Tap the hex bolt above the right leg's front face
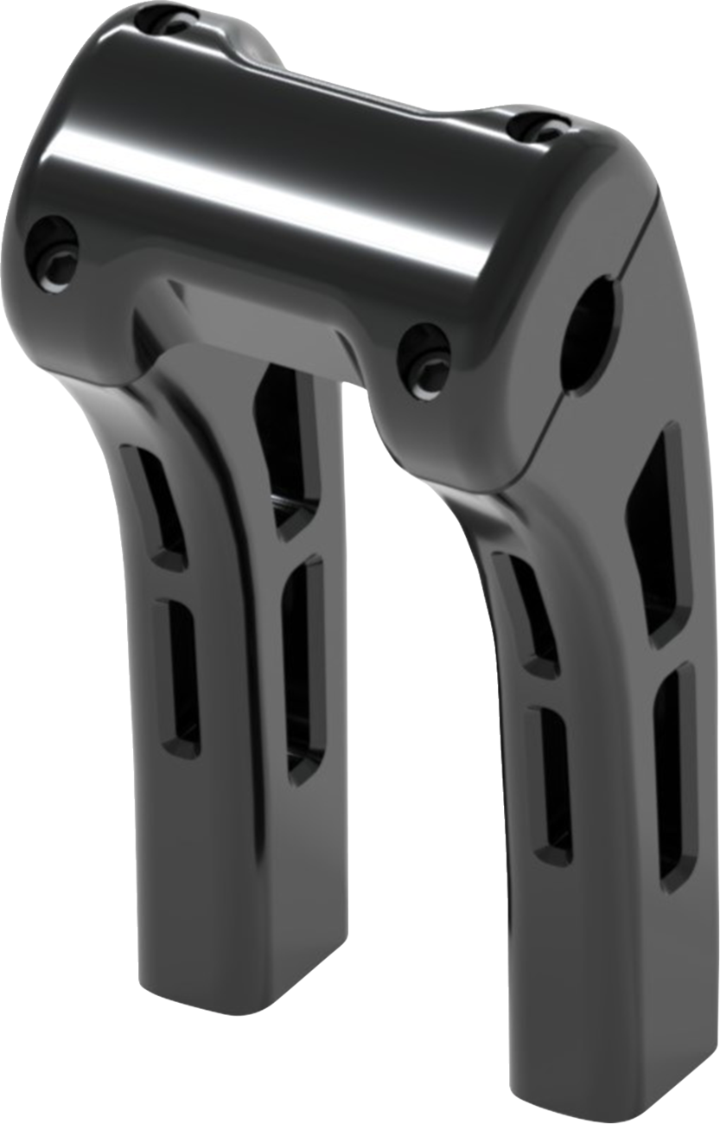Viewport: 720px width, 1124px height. (424, 352)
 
